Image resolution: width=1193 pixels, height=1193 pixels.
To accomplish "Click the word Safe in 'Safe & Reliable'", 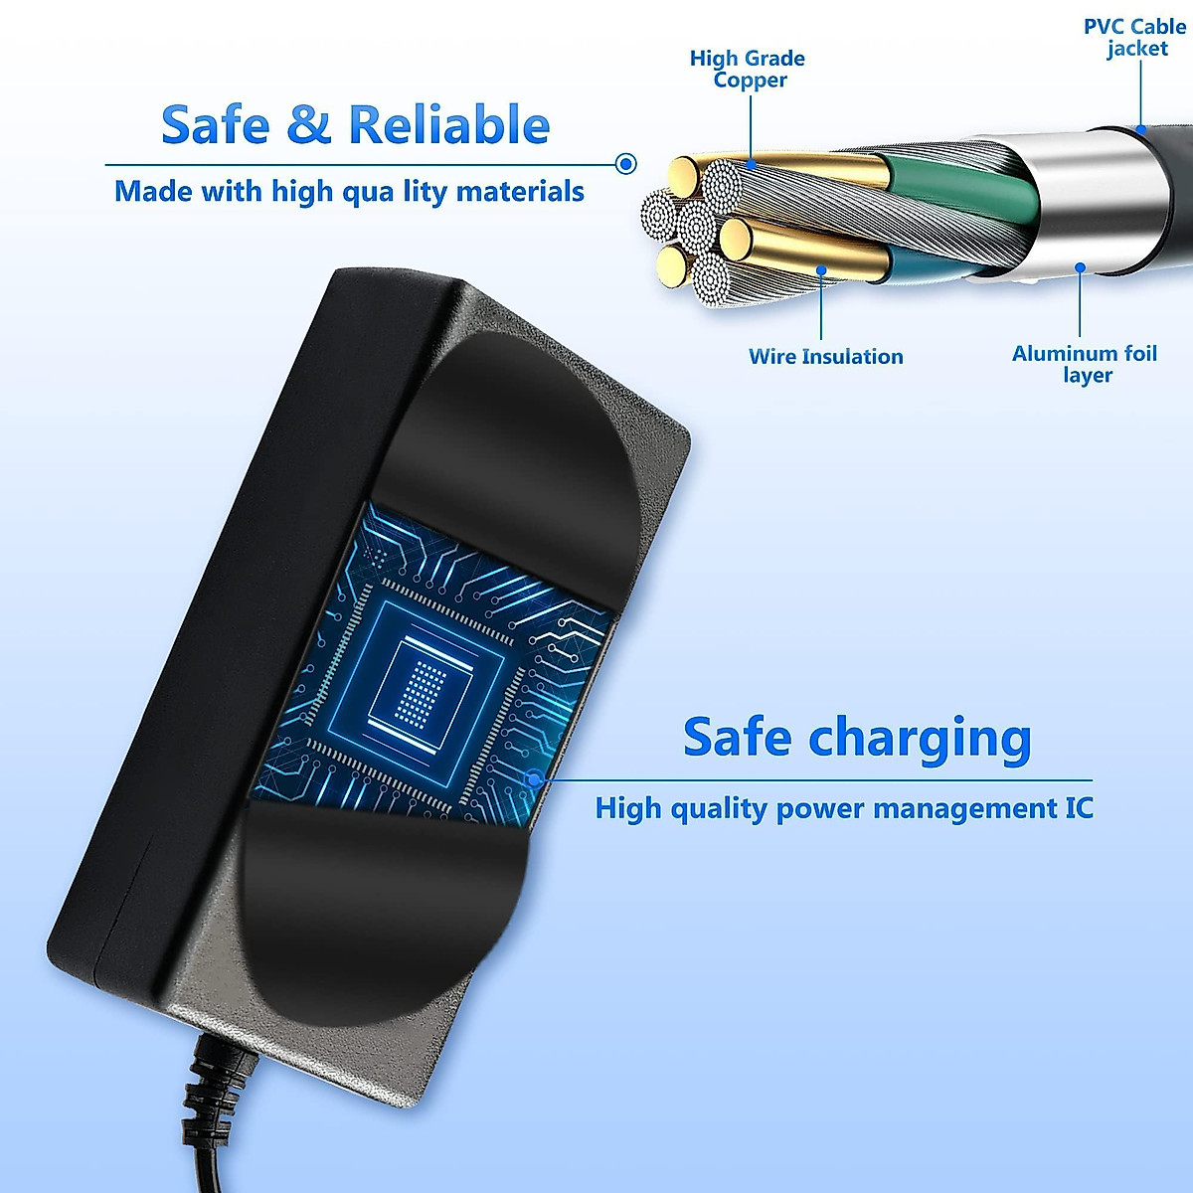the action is (x=215, y=125).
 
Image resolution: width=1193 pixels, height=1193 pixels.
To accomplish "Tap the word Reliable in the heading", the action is (x=448, y=125).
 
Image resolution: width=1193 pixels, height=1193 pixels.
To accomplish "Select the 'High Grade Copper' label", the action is (x=748, y=70).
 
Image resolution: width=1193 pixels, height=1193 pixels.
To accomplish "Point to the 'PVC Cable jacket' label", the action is (x=1135, y=37).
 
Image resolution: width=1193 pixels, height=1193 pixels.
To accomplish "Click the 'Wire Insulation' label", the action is (x=825, y=356).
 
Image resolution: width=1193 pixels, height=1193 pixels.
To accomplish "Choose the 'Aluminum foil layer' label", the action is (x=1085, y=364).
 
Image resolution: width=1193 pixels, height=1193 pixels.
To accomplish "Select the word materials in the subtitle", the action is (x=520, y=191).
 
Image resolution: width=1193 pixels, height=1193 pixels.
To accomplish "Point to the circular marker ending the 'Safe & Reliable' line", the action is (x=626, y=164).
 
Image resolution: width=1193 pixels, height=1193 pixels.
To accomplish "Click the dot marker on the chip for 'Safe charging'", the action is (x=534, y=779).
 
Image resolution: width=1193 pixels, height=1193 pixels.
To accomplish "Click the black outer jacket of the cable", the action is (x=1143, y=199).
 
